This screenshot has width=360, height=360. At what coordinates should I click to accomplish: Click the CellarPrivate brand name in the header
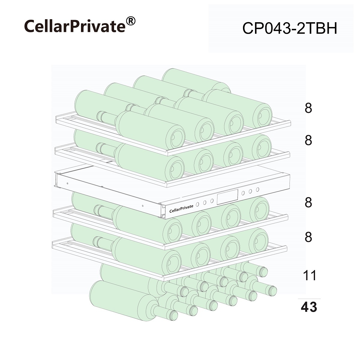coord(75,26)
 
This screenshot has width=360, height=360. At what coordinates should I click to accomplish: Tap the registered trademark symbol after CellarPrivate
coord(130,21)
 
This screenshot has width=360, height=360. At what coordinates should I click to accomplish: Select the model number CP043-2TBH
coord(289,28)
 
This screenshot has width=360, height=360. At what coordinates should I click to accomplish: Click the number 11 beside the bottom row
coord(310,275)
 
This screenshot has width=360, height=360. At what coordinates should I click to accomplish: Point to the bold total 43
coord(309,307)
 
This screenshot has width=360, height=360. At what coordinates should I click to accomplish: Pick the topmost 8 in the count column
coord(308,108)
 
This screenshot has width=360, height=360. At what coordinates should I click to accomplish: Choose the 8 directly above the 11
coord(308,237)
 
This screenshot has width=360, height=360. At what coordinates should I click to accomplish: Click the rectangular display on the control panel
coord(227,197)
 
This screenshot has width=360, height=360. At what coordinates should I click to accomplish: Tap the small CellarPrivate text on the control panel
coord(181,208)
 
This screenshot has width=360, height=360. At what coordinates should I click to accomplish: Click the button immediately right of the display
coord(243,193)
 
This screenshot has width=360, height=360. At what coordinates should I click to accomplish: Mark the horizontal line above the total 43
coord(309,299)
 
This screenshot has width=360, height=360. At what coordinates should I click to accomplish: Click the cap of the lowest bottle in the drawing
coord(172,316)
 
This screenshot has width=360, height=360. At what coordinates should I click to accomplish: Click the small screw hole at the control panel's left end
coord(67,184)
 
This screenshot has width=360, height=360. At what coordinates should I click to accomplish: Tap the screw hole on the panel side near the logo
coord(143,206)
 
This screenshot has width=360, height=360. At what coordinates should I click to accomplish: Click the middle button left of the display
coord(205,203)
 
